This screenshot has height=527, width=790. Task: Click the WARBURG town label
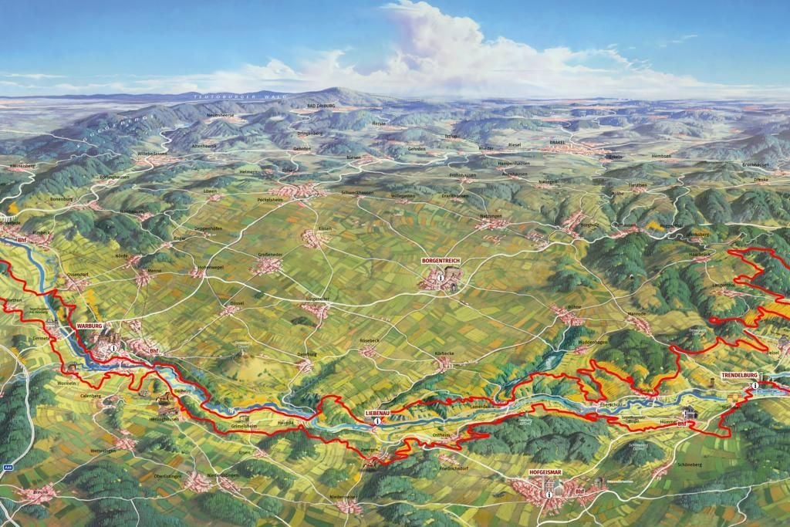[89, 326]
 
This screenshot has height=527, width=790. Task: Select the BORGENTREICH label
[441, 262]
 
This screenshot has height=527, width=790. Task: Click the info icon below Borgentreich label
[440, 276]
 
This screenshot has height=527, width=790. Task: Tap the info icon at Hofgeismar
[549, 494]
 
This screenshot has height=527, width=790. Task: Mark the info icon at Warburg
[113, 348]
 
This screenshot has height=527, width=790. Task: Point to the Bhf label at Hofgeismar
[579, 491]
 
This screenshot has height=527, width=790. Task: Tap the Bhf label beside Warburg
[154, 351]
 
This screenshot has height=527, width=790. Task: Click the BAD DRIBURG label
[322, 106]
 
